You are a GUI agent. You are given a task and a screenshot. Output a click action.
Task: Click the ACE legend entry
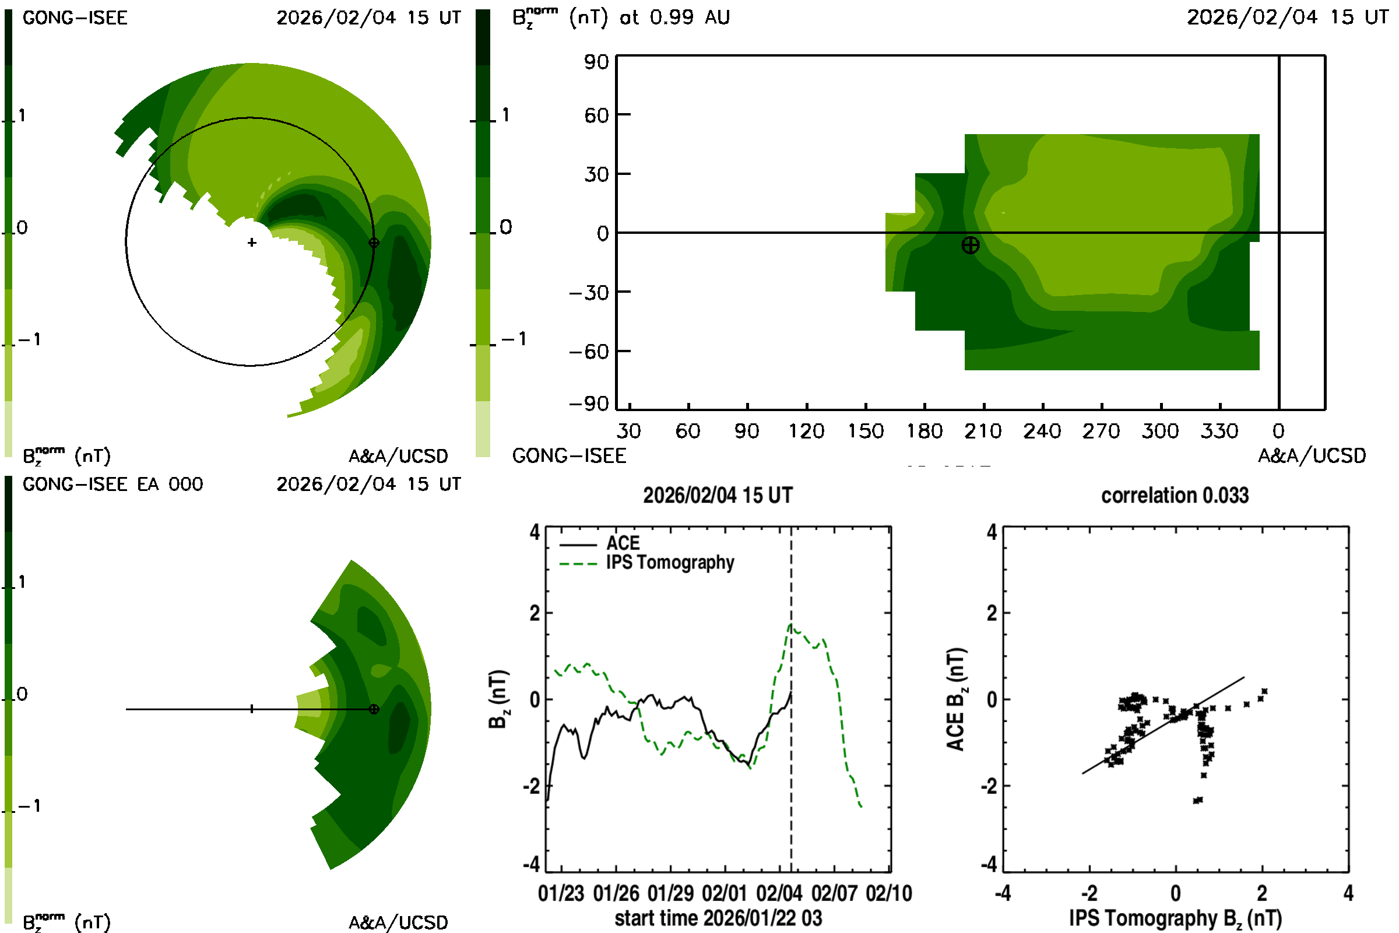click(622, 543)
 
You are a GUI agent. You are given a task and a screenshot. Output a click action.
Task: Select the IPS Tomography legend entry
click(670, 563)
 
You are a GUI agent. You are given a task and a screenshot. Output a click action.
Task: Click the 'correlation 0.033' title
click(1174, 496)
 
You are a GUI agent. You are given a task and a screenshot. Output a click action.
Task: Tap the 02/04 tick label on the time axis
click(779, 894)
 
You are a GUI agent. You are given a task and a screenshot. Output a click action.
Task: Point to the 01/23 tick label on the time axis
click(561, 894)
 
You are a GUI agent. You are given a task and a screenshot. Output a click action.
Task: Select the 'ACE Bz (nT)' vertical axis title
click(955, 699)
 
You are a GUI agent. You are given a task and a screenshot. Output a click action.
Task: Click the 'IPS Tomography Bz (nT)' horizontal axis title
click(1175, 919)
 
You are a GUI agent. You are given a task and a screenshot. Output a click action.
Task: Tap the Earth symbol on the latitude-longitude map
click(970, 245)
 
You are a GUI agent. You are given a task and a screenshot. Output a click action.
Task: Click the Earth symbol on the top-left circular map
click(374, 243)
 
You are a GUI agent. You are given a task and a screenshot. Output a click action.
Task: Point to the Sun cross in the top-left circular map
click(252, 243)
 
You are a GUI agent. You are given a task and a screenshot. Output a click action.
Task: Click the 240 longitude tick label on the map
click(1042, 432)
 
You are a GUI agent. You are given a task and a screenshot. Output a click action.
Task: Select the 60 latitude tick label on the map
click(596, 115)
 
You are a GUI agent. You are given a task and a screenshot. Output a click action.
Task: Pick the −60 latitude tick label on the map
click(589, 352)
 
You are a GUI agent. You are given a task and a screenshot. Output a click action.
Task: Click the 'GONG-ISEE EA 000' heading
click(113, 485)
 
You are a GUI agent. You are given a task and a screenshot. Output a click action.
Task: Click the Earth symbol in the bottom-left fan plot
click(374, 709)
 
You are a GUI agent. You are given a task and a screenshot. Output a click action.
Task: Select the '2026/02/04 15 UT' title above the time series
click(718, 496)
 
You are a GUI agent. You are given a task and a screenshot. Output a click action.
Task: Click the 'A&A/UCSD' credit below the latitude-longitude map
click(1312, 457)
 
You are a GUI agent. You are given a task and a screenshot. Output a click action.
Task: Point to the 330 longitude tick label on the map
click(1219, 432)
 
